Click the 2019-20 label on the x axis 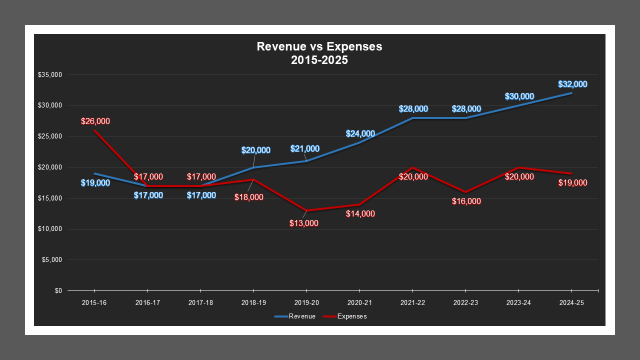pos(306,303)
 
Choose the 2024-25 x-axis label pos(571,303)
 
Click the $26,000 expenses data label pos(95,121)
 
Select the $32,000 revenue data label pos(572,84)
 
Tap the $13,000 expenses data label pos(303,223)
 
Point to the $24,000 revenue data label pos(360,134)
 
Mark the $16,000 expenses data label pos(466,201)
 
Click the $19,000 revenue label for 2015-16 pos(95,183)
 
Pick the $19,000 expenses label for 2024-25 pos(572,183)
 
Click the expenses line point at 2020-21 pos(359,204)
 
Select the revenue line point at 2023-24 pos(518,105)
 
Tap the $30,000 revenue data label pos(519,96)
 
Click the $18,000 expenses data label pos(249,197)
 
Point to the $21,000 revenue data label pos(305,149)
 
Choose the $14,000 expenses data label pos(360,214)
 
